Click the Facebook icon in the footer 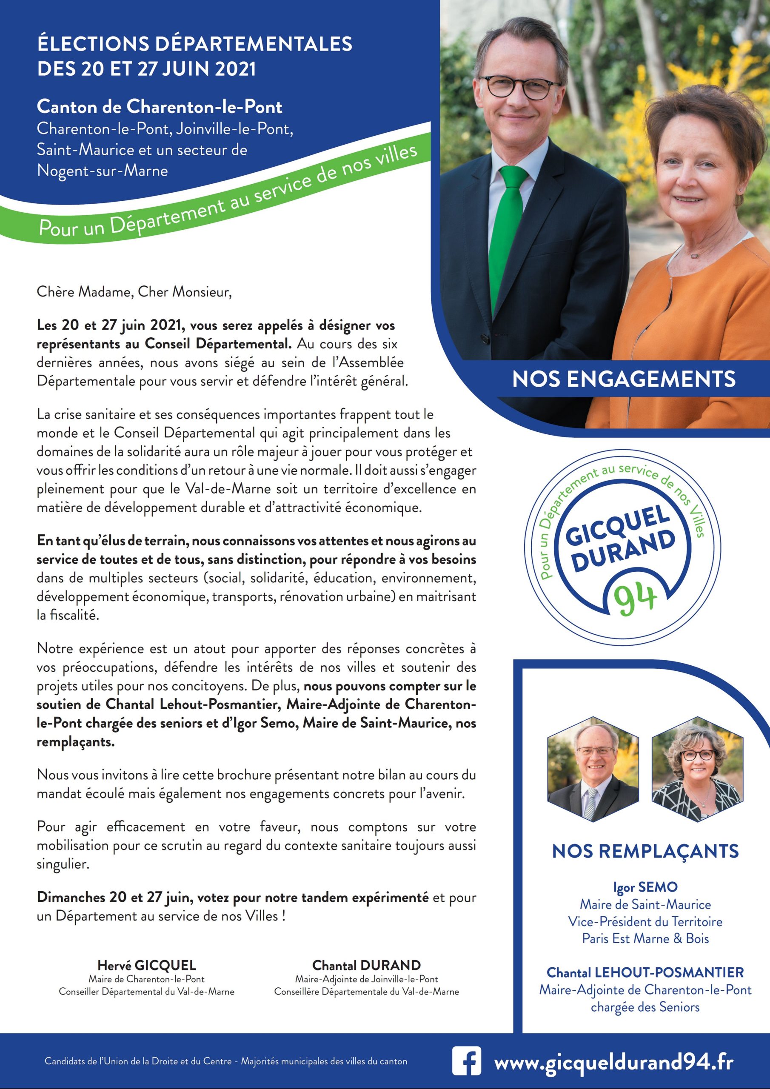[x=466, y=1060]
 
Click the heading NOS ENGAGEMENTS [x=624, y=379]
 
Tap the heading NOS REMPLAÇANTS [x=645, y=851]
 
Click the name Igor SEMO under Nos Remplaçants [x=645, y=887]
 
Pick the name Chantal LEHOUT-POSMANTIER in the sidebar [x=645, y=973]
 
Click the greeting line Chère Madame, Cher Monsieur [x=134, y=291]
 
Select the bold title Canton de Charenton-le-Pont [x=160, y=107]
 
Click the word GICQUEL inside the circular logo [x=617, y=526]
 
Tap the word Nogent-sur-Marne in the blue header [x=103, y=171]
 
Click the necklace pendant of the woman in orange [x=696, y=256]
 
